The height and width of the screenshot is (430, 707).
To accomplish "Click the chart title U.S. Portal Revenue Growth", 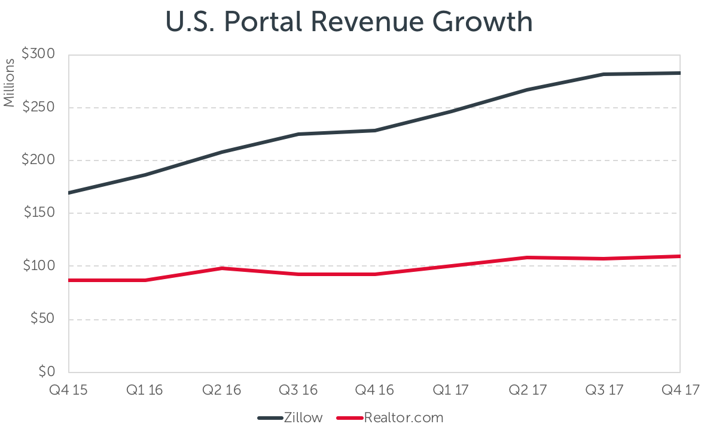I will (x=349, y=22).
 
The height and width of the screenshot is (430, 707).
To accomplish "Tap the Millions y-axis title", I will (x=9, y=83).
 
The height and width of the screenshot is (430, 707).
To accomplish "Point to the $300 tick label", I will (x=38, y=54).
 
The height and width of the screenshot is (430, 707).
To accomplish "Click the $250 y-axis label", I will (x=38, y=108).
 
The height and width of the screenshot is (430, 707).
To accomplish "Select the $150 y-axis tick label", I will (x=38, y=213).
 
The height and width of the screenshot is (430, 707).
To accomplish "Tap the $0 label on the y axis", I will (x=46, y=372).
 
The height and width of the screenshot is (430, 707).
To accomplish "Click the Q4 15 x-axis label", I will (x=69, y=389).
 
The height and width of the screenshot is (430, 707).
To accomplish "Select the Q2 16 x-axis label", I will (x=222, y=389).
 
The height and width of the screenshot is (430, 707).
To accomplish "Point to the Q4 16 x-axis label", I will (x=374, y=389).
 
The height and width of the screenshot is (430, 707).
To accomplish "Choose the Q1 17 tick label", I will (x=451, y=389).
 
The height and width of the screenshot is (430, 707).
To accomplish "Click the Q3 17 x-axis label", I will (x=604, y=389).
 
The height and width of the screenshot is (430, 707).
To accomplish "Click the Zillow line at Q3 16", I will (x=298, y=134).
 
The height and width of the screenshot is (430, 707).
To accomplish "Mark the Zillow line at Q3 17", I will (x=604, y=74).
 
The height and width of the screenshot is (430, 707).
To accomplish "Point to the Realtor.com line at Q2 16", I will (x=222, y=268).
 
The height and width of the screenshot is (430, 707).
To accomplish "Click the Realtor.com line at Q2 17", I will (x=527, y=258).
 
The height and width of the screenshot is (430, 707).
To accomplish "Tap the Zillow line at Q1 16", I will (x=146, y=175).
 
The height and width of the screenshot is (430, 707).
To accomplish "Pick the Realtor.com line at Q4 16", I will (x=374, y=274).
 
